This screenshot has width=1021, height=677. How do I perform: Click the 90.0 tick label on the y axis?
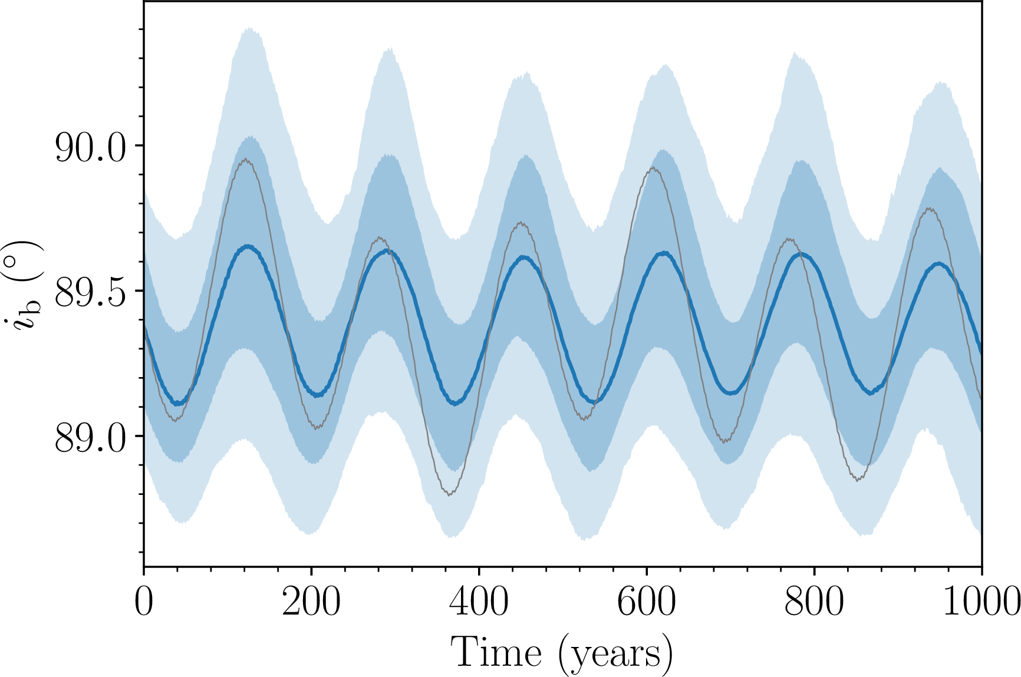point(90,147)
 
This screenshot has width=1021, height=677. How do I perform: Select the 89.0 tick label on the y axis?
point(90,438)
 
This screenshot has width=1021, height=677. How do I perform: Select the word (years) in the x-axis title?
point(615,653)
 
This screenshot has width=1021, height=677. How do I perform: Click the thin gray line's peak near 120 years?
point(245,159)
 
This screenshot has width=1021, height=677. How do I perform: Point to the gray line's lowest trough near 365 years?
point(450,494)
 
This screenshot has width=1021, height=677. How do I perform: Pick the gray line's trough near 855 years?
point(858,480)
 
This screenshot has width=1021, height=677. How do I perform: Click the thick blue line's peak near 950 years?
point(938,263)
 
